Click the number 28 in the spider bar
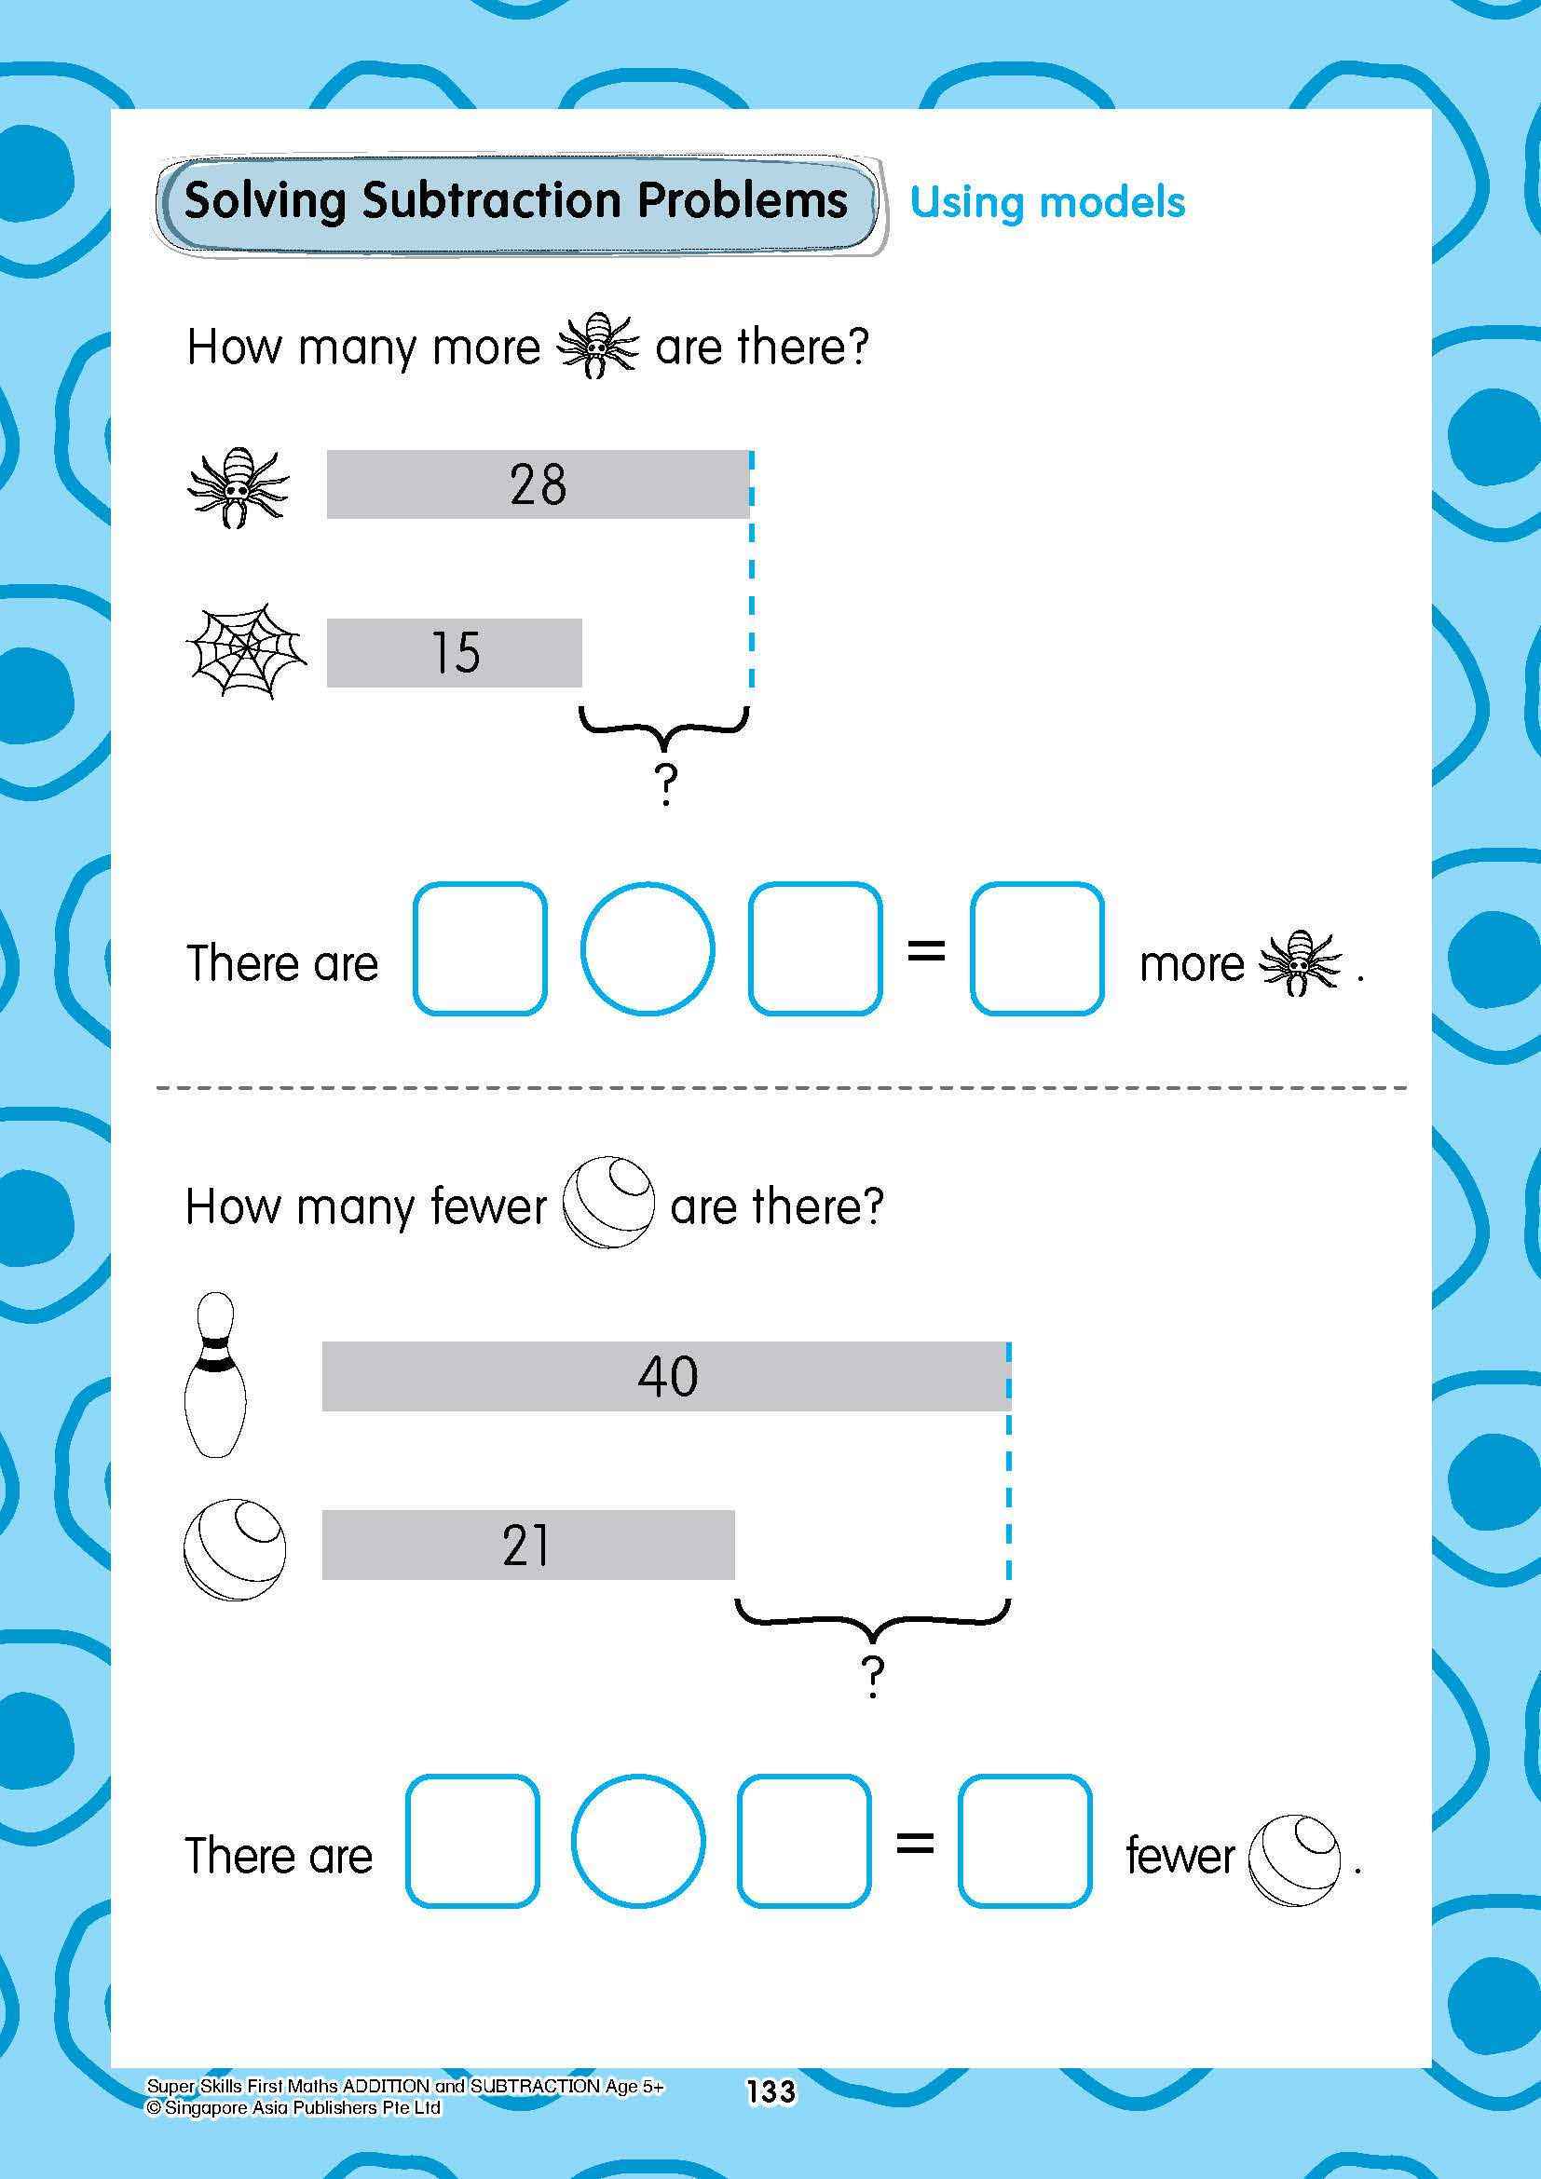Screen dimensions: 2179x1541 [537, 484]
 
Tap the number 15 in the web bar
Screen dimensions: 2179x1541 [456, 653]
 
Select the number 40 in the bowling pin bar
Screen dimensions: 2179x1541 [667, 1375]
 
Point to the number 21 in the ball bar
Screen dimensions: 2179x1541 [525, 1544]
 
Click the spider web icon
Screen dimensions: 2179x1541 [246, 651]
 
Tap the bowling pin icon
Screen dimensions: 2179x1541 [213, 1373]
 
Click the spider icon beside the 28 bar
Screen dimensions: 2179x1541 [238, 487]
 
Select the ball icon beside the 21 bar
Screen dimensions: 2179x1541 [234, 1549]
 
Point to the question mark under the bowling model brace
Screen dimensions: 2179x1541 [872, 1678]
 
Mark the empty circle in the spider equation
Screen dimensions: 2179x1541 [647, 948]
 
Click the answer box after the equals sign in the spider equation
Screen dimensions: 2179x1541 [1036, 948]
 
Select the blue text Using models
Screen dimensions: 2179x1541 [1046, 202]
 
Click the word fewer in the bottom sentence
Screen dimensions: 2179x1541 [1180, 1856]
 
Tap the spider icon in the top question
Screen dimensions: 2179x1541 [597, 346]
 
